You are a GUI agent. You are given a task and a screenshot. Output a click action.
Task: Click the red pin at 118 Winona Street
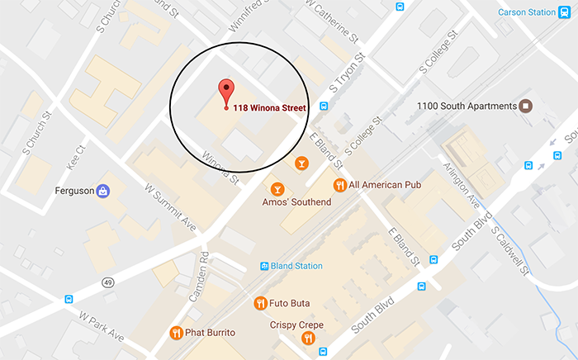tap(225, 92)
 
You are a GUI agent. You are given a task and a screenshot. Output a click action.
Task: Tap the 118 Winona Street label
tap(269, 107)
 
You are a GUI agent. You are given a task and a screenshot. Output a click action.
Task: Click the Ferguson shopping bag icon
tap(103, 192)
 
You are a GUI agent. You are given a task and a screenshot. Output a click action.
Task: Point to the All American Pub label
tap(385, 185)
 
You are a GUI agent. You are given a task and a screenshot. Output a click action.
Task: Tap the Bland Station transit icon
tap(264, 266)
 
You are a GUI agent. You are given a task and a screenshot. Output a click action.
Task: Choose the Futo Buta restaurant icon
tap(261, 302)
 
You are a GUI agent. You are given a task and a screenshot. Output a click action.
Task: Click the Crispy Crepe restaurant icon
tap(309, 337)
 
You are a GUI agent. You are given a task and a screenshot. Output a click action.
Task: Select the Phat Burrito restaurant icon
tap(176, 333)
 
